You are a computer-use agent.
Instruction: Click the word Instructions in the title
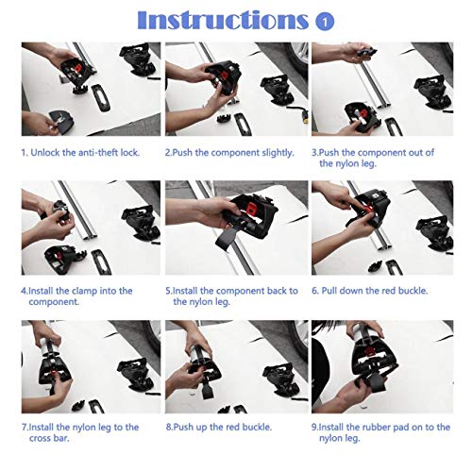pos(223,21)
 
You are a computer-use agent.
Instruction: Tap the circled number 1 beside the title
pos(325,22)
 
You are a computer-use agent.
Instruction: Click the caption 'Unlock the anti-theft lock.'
pos(85,153)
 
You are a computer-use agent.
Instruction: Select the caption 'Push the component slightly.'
pos(233,153)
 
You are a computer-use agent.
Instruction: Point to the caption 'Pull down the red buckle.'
pos(375,291)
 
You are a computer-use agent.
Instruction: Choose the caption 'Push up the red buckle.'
pos(223,428)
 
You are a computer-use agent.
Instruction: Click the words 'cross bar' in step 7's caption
pos(48,438)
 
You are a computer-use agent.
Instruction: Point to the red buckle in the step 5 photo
pos(252,207)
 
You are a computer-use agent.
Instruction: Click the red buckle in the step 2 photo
pos(224,76)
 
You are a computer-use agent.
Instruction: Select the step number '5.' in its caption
pos(169,291)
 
